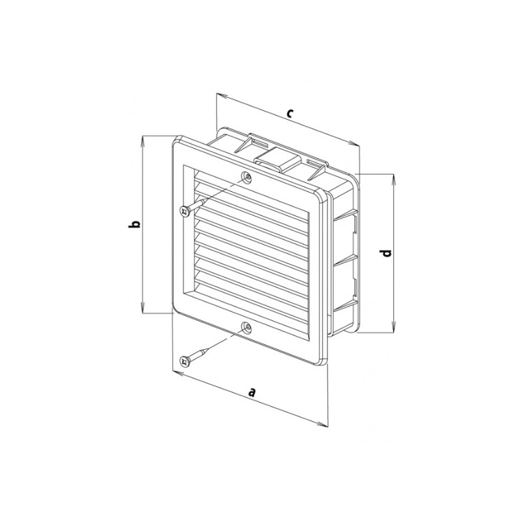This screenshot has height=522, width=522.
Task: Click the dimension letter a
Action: (252, 392)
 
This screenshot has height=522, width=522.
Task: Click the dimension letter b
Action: (134, 224)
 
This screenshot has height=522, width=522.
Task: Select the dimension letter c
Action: (290, 113)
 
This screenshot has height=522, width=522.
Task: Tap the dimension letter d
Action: (386, 253)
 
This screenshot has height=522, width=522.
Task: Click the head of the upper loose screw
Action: (184, 211)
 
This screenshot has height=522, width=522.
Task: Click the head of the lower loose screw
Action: (184, 361)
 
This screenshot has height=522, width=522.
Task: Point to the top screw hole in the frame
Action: (247, 176)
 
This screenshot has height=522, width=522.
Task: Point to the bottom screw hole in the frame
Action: (247, 327)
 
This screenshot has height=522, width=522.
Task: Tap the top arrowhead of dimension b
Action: (143, 141)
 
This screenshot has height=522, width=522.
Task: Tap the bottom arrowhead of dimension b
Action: (143, 307)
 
